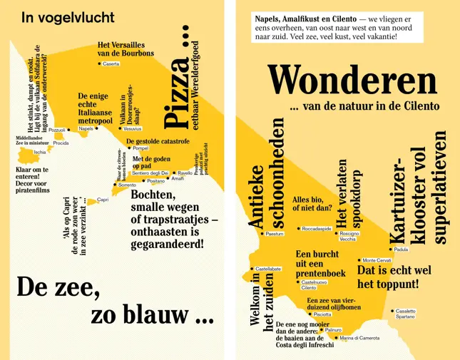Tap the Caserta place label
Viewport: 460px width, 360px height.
coord(111,64)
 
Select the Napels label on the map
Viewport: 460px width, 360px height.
coord(86,129)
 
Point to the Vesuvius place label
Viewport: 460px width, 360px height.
coord(132,129)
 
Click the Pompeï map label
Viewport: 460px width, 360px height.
coord(140,148)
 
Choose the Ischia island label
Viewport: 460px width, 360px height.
coord(40,152)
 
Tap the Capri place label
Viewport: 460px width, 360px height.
coord(103,200)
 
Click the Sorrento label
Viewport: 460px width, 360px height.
coord(126,185)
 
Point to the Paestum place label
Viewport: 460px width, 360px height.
coord(275,234)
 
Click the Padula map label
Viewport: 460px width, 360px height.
coord(401,250)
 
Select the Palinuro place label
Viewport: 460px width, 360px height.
coord(333,330)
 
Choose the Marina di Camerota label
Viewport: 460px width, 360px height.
coord(359,338)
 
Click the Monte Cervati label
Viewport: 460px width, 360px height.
coord(377,260)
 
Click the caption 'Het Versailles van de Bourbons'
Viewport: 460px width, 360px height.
coord(126,49)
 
